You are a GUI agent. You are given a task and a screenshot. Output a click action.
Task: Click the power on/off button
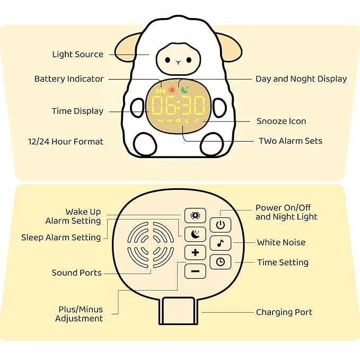coord(220,225)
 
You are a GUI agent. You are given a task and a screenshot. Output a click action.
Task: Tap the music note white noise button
coord(220,243)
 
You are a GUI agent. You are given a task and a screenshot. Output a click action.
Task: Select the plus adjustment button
coord(195,252)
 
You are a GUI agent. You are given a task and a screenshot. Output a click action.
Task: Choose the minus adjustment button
coord(195,271)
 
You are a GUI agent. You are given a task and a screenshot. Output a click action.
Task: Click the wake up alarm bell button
coord(195,215)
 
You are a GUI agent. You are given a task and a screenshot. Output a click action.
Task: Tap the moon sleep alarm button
coord(195,234)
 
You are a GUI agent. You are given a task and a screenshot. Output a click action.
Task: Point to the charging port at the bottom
coord(178,311)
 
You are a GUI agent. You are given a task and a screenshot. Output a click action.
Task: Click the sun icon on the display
coord(171,90)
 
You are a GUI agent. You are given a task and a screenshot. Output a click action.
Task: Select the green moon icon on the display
coord(185,90)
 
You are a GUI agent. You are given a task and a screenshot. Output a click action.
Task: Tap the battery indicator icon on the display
coord(160,90)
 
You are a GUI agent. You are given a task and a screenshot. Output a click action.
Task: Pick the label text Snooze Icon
coord(281,121)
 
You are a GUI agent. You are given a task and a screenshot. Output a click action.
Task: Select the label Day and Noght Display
coord(301,78)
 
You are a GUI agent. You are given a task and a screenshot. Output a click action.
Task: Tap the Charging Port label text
coord(284,312)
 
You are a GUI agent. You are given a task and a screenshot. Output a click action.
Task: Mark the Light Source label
coord(77,54)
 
